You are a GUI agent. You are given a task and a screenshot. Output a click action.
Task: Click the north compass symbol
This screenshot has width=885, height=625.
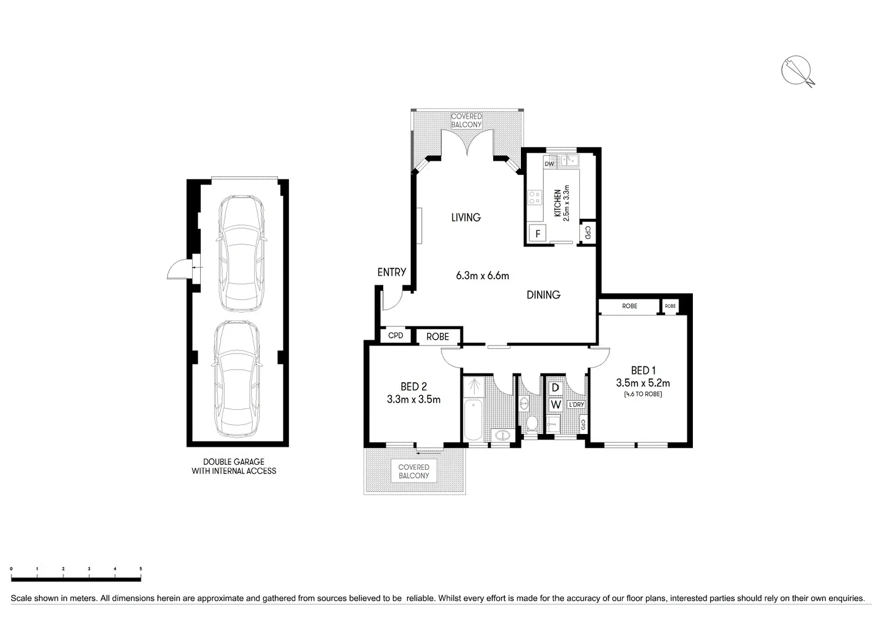[796, 71]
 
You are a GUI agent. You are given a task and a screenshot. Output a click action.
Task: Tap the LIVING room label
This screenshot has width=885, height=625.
[466, 218]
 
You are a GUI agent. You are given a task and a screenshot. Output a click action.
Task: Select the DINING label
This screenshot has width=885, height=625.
[543, 295]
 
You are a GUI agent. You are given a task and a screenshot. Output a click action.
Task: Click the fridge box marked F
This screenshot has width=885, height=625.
[538, 234]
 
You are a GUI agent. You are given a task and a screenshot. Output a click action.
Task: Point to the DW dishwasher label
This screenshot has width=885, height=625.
[549, 164]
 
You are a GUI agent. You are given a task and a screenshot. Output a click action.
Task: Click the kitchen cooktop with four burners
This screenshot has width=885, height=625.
[534, 198]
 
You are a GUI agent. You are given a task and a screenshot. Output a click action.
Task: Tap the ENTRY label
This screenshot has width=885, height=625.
[391, 272]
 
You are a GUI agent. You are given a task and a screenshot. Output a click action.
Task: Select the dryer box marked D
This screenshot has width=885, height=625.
[555, 388]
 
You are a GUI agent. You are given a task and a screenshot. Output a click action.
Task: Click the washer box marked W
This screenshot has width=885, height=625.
[555, 404]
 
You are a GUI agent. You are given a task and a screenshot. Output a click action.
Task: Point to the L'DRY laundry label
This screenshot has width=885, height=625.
[576, 405]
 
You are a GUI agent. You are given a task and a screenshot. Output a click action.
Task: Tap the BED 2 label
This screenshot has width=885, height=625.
[413, 387]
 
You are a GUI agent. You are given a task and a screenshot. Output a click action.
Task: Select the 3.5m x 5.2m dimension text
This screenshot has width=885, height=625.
[642, 383]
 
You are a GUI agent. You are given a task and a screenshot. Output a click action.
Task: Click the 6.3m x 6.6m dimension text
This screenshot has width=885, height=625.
[482, 276]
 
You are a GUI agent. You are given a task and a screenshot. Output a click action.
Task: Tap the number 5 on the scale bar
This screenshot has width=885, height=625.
[141, 569]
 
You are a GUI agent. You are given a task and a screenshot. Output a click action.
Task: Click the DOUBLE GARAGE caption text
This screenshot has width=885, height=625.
[234, 462]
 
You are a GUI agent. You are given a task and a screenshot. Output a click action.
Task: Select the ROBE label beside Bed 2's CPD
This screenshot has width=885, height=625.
[438, 337]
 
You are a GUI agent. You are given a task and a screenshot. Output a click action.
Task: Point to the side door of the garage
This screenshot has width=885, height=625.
[179, 269]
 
